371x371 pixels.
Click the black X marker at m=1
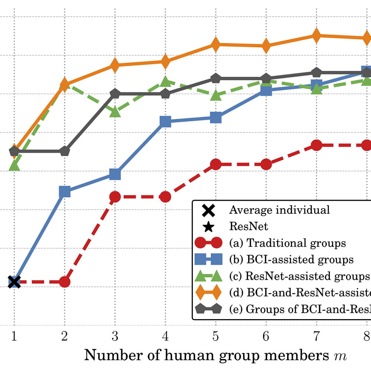(x=14, y=282)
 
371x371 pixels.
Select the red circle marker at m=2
(x=65, y=282)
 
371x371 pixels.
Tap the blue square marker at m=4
(x=165, y=121)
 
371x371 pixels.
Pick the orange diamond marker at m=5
(x=216, y=45)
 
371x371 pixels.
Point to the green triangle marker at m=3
(x=115, y=111)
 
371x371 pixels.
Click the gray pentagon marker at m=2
(x=65, y=151)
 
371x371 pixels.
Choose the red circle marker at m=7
(x=316, y=145)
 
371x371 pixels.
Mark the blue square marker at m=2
(x=65, y=191)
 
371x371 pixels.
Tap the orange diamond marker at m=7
(x=316, y=36)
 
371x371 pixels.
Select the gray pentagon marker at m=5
(x=216, y=78)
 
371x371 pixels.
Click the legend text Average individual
(x=279, y=210)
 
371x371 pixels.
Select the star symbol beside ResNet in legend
(x=208, y=226)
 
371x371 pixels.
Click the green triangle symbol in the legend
(x=208, y=276)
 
